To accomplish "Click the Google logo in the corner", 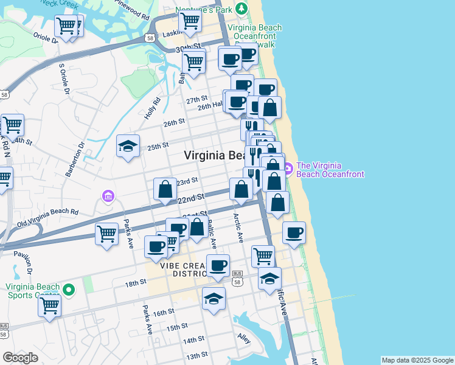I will [x=20, y=358].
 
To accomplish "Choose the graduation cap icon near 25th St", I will [x=128, y=146].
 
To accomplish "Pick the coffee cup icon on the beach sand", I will [x=294, y=232].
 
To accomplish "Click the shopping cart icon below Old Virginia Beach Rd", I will [x=107, y=234].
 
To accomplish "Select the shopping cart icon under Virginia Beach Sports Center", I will [x=50, y=305].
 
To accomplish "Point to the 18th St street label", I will [x=136, y=283].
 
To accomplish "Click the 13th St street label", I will [x=197, y=355].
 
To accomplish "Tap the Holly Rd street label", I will [x=152, y=109].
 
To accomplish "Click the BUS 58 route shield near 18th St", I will [x=238, y=278].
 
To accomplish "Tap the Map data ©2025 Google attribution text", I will [x=417, y=360].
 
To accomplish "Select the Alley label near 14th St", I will [x=244, y=338].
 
